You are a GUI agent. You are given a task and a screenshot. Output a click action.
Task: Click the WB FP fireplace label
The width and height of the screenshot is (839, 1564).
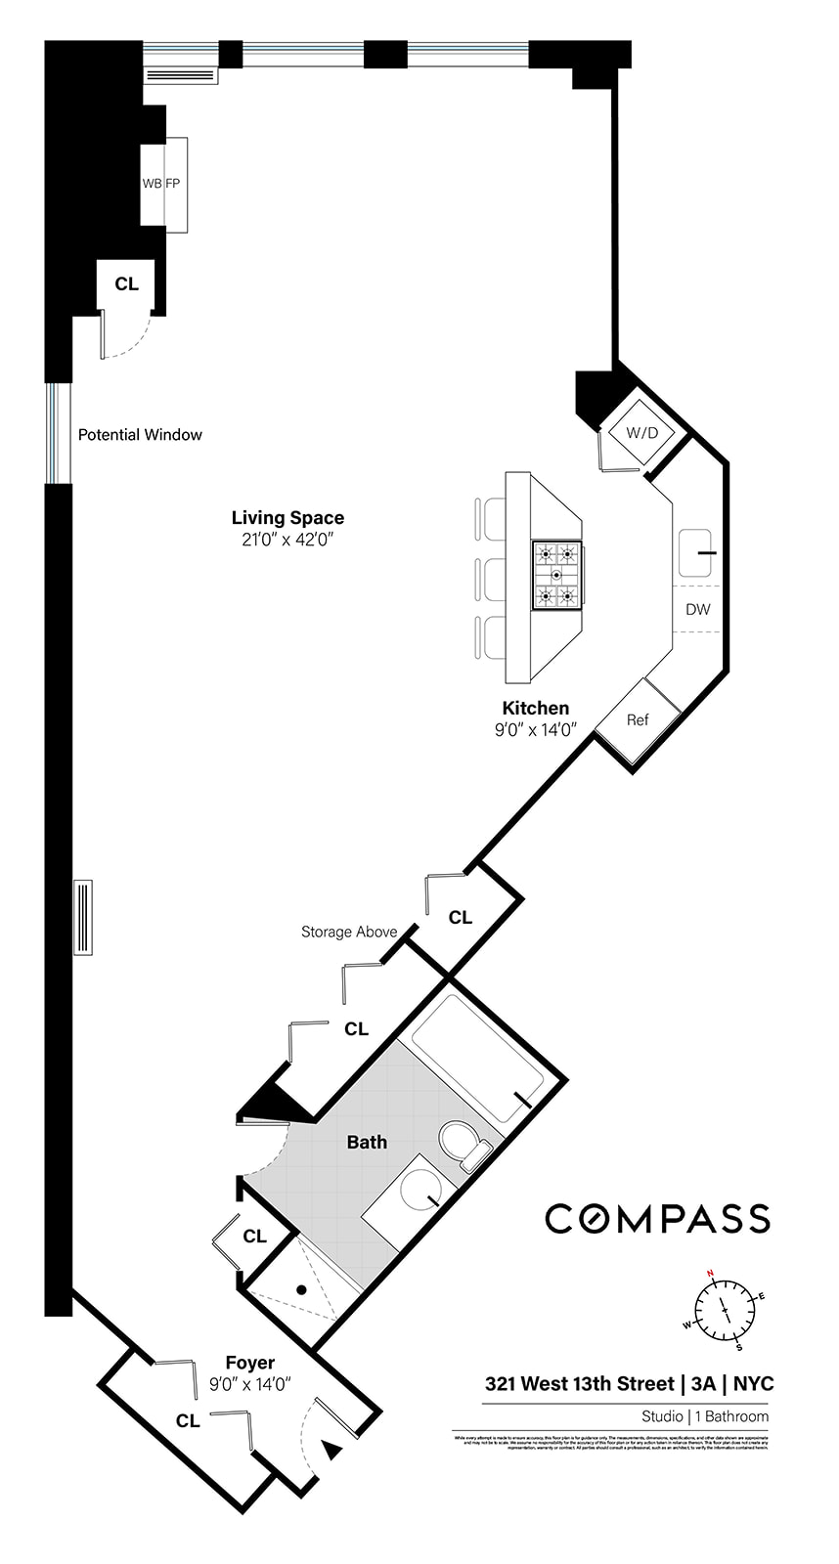click(161, 183)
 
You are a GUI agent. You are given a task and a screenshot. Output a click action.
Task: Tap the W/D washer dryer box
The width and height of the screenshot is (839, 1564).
click(641, 432)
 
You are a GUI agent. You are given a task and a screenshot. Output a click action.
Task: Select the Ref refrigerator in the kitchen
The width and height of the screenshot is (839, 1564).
click(638, 720)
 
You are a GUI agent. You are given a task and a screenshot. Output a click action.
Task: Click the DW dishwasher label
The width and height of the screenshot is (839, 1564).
click(697, 609)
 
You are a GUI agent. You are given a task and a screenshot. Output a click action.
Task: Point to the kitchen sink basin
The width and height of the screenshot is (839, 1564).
click(696, 553)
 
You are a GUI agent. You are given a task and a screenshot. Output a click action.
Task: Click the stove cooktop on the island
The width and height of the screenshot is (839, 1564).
click(556, 575)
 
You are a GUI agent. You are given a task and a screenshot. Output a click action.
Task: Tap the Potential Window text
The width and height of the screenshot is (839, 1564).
click(140, 435)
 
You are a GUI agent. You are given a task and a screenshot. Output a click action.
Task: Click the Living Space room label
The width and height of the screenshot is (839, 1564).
click(287, 518)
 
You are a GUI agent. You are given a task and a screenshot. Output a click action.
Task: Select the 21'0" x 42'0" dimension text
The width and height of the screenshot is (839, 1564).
click(287, 540)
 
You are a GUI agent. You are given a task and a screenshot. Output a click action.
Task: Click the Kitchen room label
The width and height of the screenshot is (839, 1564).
click(535, 709)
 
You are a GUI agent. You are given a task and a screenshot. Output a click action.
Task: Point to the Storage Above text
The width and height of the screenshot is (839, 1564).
click(349, 932)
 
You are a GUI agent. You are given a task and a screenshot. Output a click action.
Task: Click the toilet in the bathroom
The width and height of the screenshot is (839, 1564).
click(463, 1144)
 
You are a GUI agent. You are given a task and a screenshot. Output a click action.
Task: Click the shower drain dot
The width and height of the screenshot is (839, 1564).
click(302, 1290)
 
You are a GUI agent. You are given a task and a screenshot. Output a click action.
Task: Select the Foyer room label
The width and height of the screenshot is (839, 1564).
click(250, 1363)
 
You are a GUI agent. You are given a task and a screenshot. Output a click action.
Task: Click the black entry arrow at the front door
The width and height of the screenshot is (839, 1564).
click(332, 1451)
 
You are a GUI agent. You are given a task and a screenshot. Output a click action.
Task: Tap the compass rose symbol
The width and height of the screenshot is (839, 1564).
click(725, 1309)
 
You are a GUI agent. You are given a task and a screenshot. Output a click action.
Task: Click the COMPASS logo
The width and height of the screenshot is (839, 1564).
click(657, 1219)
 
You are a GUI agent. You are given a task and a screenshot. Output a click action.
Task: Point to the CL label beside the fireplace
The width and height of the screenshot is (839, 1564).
click(127, 284)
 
